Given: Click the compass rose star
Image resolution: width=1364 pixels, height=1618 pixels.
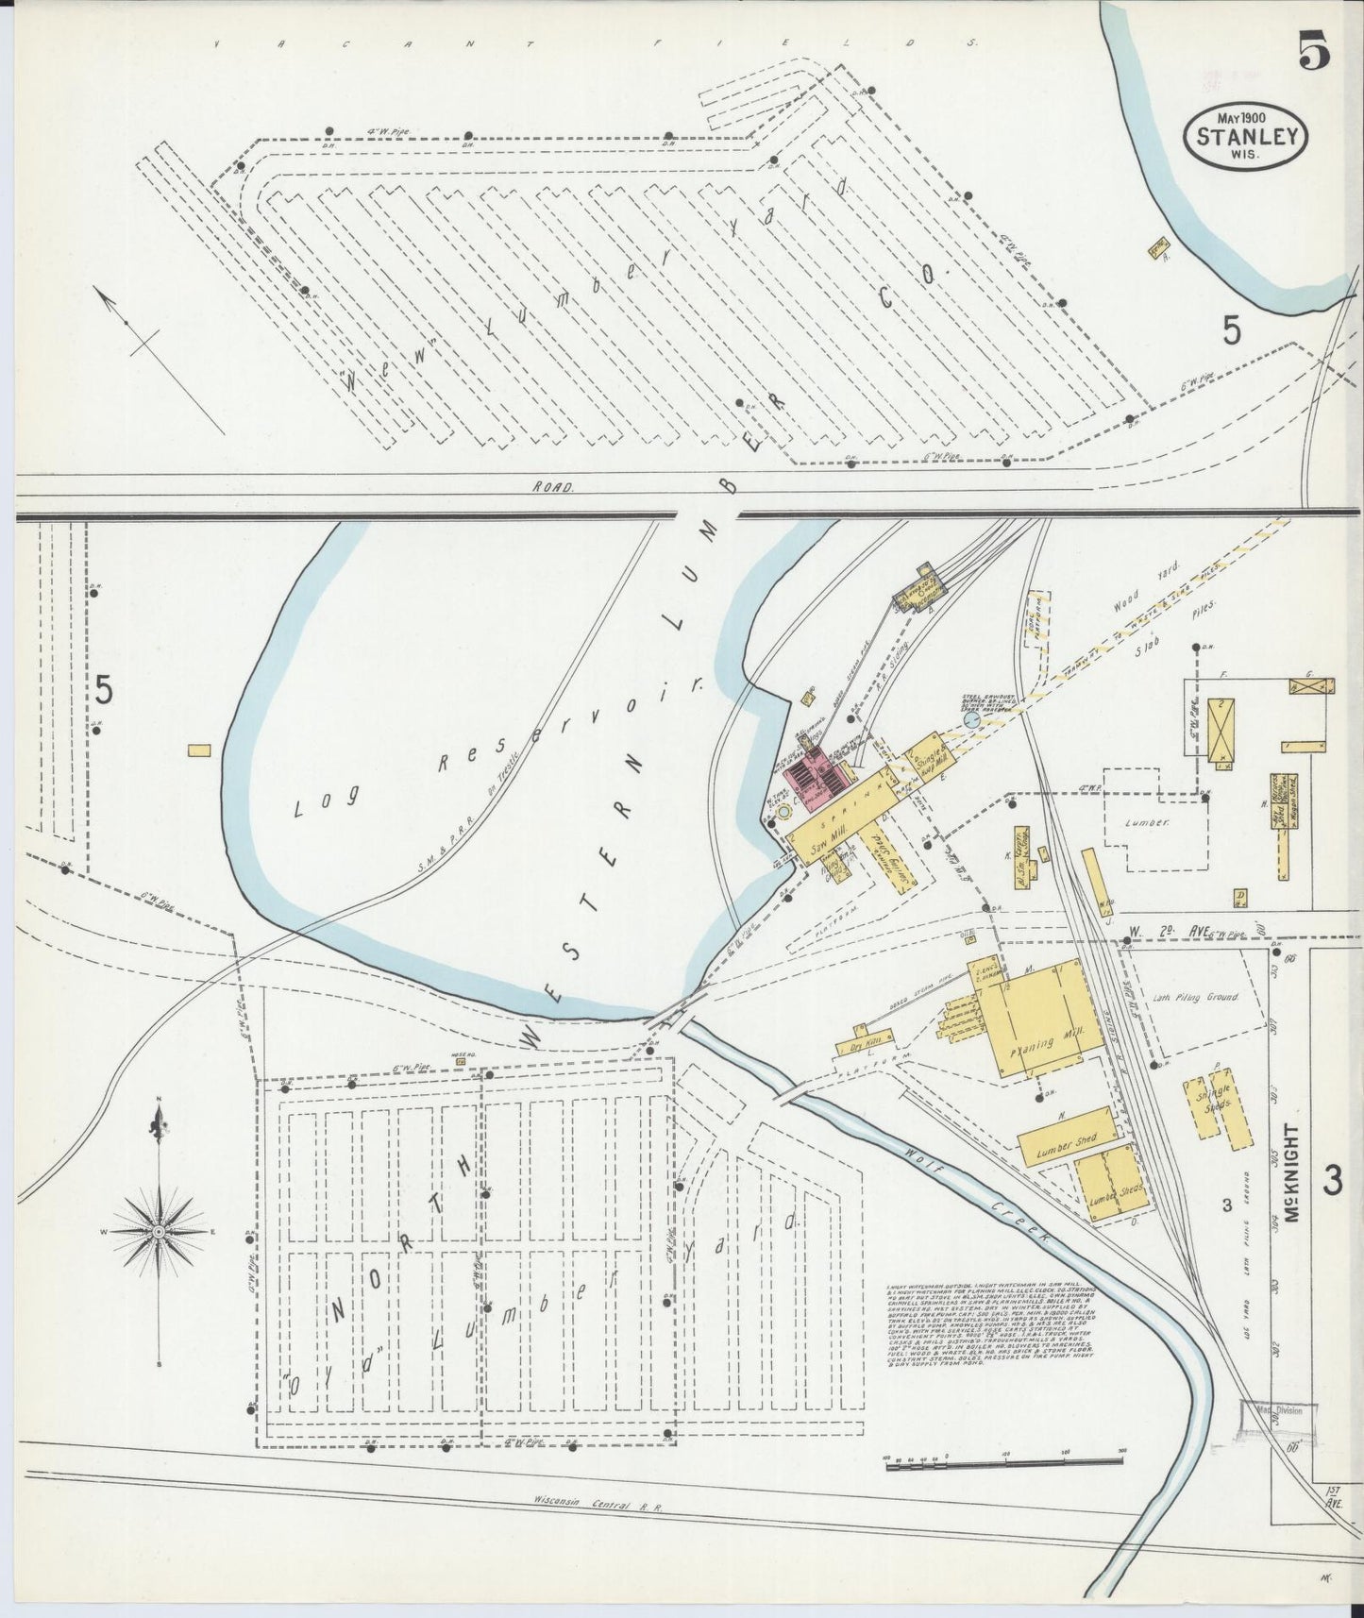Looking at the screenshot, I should pos(160,1233).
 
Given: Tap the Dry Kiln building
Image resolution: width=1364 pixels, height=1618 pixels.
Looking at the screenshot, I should pos(859,1045).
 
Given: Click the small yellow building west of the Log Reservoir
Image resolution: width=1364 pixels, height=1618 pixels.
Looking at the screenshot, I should pos(199,750).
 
